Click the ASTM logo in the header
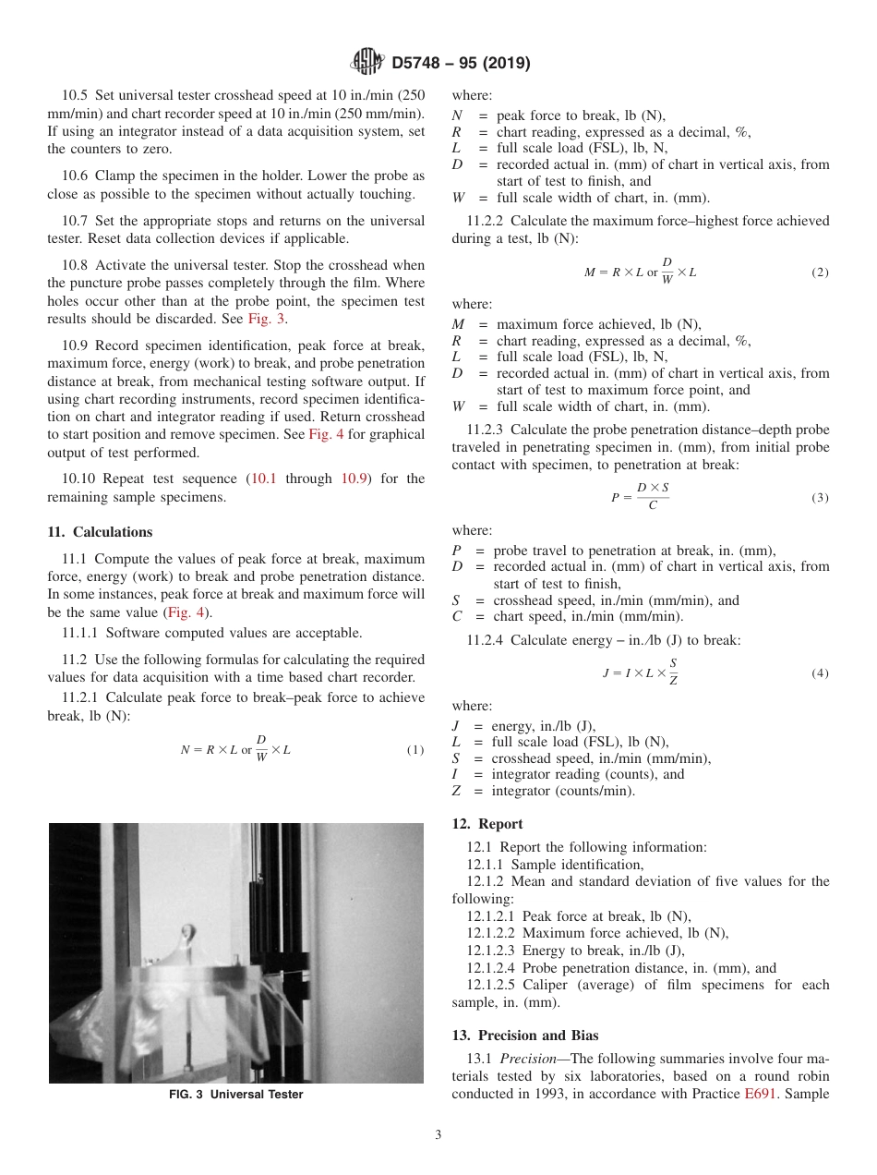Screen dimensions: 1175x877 tap(368, 63)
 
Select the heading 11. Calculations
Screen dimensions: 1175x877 tap(100, 532)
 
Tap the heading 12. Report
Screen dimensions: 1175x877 tap(487, 824)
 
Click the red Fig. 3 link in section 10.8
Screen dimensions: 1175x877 tap(268, 319)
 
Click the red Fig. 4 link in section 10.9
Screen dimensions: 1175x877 tap(326, 435)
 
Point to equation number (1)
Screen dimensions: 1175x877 tap(415, 750)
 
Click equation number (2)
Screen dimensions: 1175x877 tap(820, 273)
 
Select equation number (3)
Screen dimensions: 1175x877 tap(820, 498)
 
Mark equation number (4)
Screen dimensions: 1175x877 tap(820, 673)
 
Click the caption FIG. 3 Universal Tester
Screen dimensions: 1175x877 tap(235, 1095)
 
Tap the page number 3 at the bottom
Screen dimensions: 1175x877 tap(438, 1135)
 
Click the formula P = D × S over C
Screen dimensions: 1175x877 tap(640, 497)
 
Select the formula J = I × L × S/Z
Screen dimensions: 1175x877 tap(640, 673)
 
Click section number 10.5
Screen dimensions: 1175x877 tap(77, 95)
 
